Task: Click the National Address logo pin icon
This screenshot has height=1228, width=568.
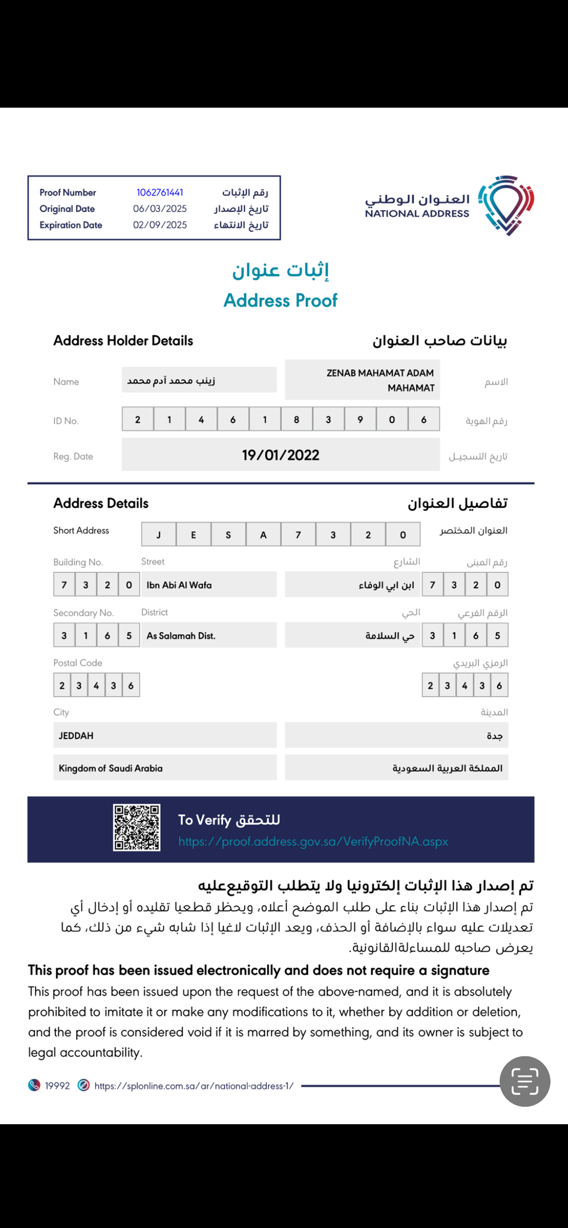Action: click(506, 205)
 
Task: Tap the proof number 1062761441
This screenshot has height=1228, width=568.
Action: click(160, 193)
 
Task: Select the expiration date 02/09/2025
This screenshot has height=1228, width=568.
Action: click(160, 225)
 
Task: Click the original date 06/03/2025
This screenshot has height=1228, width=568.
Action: click(160, 209)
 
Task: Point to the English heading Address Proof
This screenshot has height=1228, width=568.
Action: click(280, 301)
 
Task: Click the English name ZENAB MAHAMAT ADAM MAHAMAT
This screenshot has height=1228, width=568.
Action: click(380, 380)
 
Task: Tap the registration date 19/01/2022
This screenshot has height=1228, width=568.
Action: click(281, 455)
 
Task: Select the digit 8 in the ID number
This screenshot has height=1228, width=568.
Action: click(296, 420)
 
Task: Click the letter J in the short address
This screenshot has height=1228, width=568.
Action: click(159, 535)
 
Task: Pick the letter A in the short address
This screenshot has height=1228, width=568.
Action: click(263, 535)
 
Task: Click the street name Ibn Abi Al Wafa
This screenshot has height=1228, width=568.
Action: click(179, 585)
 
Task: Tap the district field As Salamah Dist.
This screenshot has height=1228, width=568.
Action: click(181, 636)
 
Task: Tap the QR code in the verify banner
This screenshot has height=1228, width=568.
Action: click(136, 828)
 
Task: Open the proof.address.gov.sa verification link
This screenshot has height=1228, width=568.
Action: click(313, 841)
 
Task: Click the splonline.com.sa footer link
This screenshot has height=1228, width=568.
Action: click(194, 1086)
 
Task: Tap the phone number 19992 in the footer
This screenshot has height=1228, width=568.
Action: click(57, 1086)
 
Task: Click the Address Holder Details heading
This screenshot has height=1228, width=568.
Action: click(123, 340)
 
